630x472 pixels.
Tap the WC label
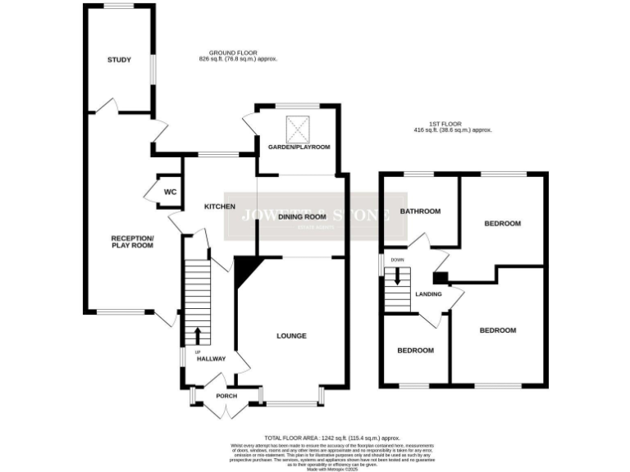tap(170, 192)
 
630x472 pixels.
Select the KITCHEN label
tap(220, 206)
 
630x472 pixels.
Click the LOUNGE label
tap(291, 336)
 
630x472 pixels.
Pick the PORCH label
tap(226, 396)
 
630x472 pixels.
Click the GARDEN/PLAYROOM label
tap(299, 147)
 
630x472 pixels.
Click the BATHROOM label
tap(420, 211)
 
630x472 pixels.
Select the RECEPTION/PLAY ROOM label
tap(132, 242)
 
